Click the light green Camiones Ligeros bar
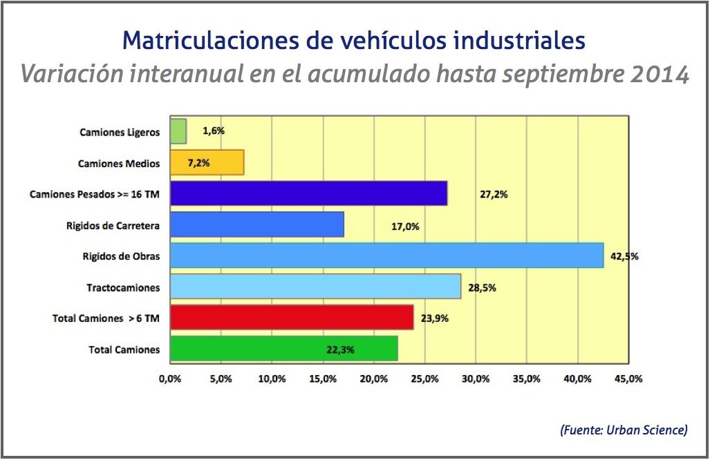tap(178, 131)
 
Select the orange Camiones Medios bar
tap(207, 163)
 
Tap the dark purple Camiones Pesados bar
tap(308, 194)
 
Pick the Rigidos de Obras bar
tap(386, 256)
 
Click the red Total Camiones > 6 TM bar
tap(291, 318)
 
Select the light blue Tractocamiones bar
tap(315, 287)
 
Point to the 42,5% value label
tap(624, 256)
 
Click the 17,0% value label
tap(405, 226)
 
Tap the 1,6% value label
tap(214, 130)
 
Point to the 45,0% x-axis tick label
tap(628, 378)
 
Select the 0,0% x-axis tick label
tap(170, 378)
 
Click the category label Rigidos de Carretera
tap(113, 226)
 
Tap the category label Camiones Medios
tap(119, 164)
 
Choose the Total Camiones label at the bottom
tap(124, 349)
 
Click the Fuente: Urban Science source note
tap(623, 430)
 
